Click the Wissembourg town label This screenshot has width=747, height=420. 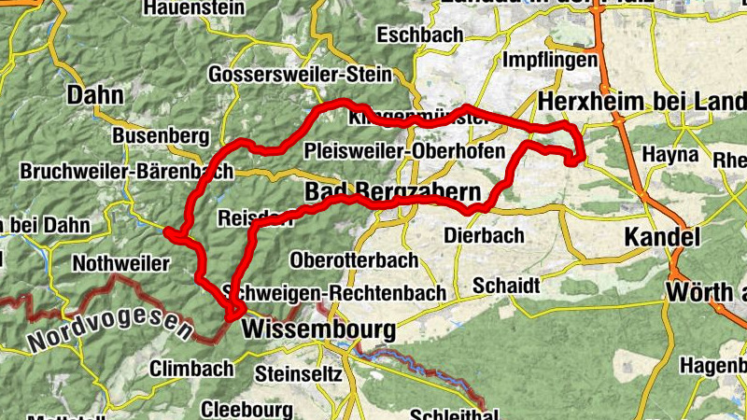point(318,329)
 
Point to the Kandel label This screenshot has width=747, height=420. point(662,236)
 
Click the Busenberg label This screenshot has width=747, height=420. point(161,136)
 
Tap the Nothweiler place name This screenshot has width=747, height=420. point(120,263)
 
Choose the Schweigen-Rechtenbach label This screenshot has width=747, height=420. point(347,293)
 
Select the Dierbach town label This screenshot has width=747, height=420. point(484,235)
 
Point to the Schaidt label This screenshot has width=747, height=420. point(506,285)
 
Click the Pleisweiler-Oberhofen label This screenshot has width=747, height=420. point(405,151)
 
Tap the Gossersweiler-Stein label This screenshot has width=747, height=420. point(300,74)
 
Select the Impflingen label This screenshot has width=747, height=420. point(550,60)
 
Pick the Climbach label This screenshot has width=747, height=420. point(191,368)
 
